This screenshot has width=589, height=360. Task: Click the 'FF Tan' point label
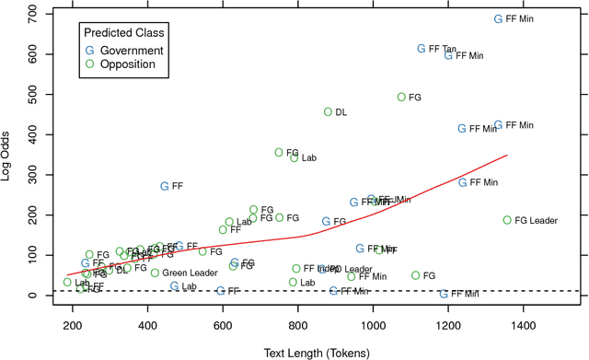pos(443,50)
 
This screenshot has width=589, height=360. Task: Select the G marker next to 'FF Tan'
pos(422,49)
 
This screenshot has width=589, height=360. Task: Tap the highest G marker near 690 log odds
pos(499,18)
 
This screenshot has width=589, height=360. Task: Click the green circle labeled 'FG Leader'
pos(507,220)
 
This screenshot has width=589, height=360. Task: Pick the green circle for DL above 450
pos(328,111)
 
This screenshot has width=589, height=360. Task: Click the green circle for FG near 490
pos(401,97)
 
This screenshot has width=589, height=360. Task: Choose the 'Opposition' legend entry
pos(127,64)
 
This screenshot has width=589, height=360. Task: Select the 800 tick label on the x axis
pos(297,327)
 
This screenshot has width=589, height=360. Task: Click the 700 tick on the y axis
pos(44,14)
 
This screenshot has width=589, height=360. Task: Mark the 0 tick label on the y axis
pos(34,296)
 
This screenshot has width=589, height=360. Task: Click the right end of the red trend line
pos(507,155)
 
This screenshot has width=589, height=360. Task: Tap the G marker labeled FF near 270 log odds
pos(165,186)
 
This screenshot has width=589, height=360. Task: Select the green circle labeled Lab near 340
pos(294,157)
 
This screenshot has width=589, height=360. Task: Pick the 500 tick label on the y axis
pos(34,94)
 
